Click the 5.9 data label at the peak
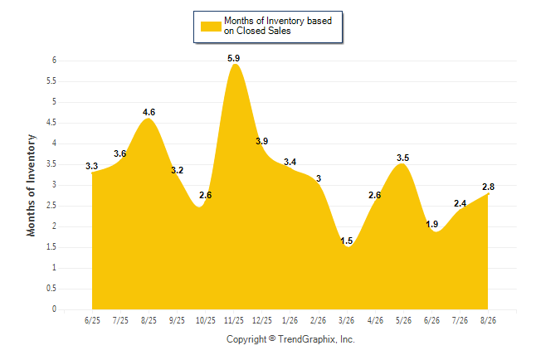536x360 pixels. [x=233, y=58]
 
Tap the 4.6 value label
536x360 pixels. [x=149, y=112]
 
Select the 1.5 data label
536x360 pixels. [x=346, y=241]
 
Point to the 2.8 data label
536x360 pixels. [x=488, y=187]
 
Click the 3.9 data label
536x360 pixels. [x=262, y=141]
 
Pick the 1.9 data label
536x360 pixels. [x=431, y=224]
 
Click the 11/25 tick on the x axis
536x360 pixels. [x=234, y=320]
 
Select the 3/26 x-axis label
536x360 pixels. [x=346, y=320]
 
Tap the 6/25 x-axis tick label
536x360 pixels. [x=92, y=320]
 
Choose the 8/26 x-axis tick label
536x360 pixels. [x=488, y=320]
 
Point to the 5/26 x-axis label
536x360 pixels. [x=403, y=320]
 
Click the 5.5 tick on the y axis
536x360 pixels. [x=51, y=81]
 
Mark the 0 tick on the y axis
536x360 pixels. [x=54, y=309]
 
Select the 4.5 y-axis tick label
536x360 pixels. [x=51, y=123]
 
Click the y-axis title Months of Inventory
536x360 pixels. [x=31, y=185]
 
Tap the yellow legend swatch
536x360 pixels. [x=211, y=27]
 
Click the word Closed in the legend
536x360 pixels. [x=251, y=31]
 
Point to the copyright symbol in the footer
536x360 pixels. [x=272, y=338]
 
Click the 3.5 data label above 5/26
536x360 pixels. [x=402, y=158]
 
